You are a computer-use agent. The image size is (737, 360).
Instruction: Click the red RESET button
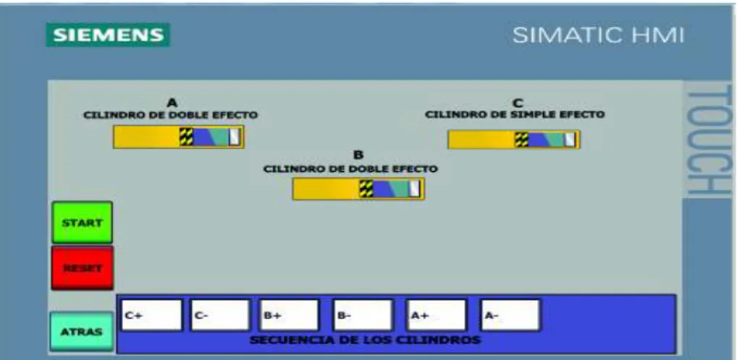coord(83,268)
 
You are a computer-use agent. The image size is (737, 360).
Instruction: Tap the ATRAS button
coord(81,331)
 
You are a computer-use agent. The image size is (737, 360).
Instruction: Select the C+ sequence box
coord(152,315)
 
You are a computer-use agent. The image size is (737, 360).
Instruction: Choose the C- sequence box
coord(220,315)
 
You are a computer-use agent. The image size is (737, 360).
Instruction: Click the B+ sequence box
coord(290,315)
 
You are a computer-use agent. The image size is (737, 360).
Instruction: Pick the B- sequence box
coord(363,315)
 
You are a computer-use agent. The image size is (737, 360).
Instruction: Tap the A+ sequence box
coord(436,315)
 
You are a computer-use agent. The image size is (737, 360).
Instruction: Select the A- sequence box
coord(510,315)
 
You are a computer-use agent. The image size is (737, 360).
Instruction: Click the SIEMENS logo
coord(108,35)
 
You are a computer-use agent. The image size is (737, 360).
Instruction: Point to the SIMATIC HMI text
coord(598,35)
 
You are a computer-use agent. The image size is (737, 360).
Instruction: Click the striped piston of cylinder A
coord(186,137)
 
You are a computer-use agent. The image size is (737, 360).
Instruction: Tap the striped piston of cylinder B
coord(366,188)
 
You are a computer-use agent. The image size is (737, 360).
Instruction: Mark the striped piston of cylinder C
coord(522,140)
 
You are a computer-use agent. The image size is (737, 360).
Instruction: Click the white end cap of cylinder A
coord(234,137)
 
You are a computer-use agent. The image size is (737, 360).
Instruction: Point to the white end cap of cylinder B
coord(414,188)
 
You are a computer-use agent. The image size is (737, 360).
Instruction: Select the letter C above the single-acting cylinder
coord(518,103)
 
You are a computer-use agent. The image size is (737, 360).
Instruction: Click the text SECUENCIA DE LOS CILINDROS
coord(365,340)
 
